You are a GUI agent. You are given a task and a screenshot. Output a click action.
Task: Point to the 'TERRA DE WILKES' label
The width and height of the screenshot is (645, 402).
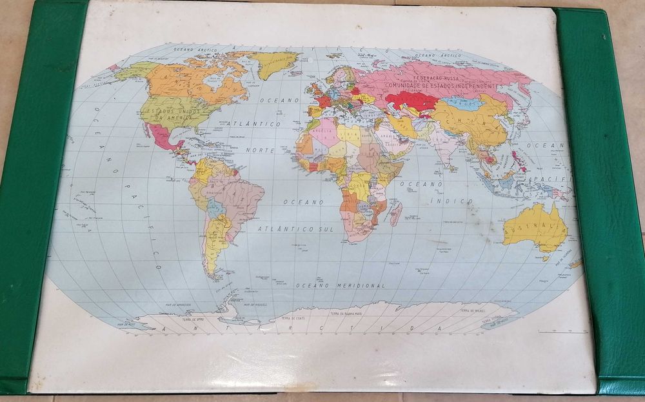(x=473, y=311)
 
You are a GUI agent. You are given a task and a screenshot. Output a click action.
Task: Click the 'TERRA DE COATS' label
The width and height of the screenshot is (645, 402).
(x=290, y=317)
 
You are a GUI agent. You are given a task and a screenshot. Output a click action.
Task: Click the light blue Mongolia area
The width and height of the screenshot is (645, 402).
(x=463, y=103)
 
